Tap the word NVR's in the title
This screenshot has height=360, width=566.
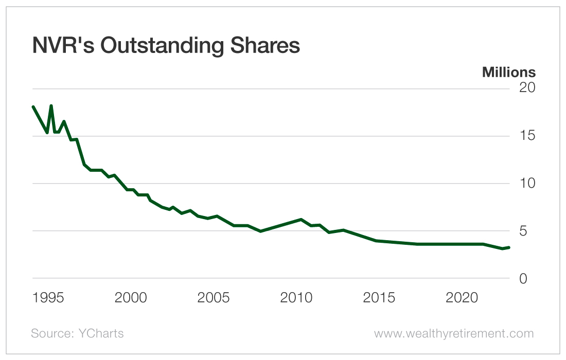tap(63, 46)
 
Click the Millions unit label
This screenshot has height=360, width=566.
tap(508, 73)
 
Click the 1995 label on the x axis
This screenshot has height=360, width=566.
tap(48, 298)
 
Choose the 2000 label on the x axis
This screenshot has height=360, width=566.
tap(131, 298)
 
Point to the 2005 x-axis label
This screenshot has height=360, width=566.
tap(214, 298)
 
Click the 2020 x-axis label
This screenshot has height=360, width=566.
tap(462, 298)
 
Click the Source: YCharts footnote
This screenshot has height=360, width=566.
tap(77, 334)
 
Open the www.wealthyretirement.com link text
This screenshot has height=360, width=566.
tap(454, 334)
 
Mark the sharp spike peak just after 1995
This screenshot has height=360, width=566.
tap(51, 105)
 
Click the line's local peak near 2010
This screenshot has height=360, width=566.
tap(301, 220)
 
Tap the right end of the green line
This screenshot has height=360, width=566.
tap(509, 247)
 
